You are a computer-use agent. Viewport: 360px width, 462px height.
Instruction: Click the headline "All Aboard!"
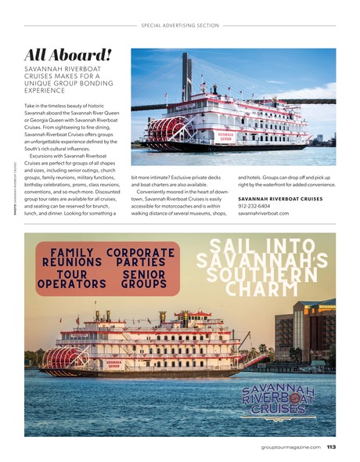68,54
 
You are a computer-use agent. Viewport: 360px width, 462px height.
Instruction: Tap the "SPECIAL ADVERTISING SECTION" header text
180,25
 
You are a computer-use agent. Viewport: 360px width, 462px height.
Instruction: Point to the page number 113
330,447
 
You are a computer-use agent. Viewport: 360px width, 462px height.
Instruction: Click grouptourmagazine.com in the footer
290,447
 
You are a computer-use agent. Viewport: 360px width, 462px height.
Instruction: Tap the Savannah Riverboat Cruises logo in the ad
278,399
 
